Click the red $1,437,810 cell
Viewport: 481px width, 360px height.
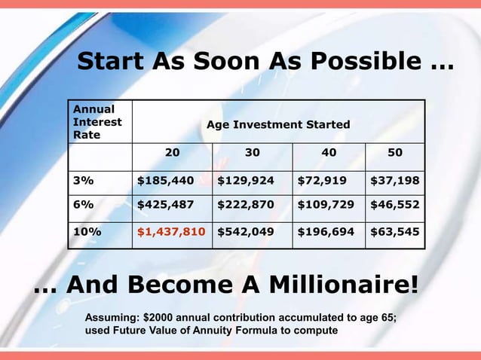(x=170, y=232)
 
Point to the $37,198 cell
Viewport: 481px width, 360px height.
(x=395, y=181)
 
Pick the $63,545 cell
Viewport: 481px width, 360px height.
(x=395, y=232)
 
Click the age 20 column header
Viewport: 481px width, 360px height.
(x=173, y=152)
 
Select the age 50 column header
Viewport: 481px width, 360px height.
(x=394, y=152)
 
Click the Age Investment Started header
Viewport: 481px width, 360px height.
(x=278, y=124)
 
